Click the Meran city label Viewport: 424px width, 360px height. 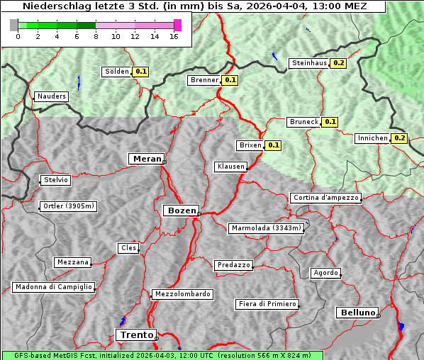[146, 159]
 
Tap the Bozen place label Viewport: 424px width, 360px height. [180, 210]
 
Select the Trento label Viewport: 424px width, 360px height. [135, 334]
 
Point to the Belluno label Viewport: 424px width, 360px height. [357, 312]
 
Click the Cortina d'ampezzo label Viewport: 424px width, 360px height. [325, 198]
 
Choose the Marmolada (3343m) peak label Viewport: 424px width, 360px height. [267, 228]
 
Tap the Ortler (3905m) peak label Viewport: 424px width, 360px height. [67, 207]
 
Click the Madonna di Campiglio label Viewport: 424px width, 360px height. [53, 287]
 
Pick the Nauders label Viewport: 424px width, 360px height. [51, 96]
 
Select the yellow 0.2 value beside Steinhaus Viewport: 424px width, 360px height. [338, 63]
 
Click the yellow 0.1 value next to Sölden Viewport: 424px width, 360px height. [141, 72]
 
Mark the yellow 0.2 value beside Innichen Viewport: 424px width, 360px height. [400, 138]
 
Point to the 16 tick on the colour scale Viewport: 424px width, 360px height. [174, 36]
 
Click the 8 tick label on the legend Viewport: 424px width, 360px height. [95, 36]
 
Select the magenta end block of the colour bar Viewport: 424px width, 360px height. [177, 25]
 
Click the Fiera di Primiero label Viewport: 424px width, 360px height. [267, 304]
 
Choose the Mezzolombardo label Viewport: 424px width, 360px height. [182, 293]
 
